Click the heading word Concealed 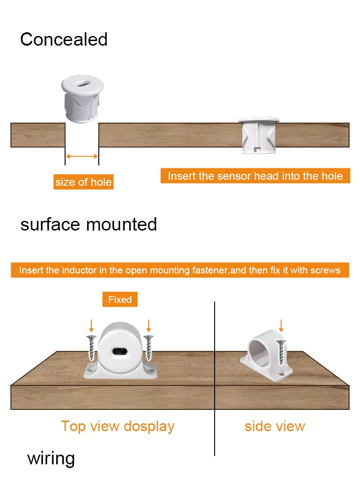click(x=64, y=40)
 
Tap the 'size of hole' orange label click(x=83, y=182)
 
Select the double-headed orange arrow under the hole click(x=82, y=157)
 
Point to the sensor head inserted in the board click(x=259, y=135)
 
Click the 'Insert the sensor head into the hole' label click(x=255, y=176)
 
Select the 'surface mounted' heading click(x=89, y=225)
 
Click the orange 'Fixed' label click(x=120, y=300)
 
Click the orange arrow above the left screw click(x=91, y=326)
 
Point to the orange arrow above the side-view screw click(x=281, y=325)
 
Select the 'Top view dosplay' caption click(x=118, y=426)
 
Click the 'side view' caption click(x=275, y=426)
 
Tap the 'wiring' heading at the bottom click(x=51, y=459)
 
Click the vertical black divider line click(x=215, y=378)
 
